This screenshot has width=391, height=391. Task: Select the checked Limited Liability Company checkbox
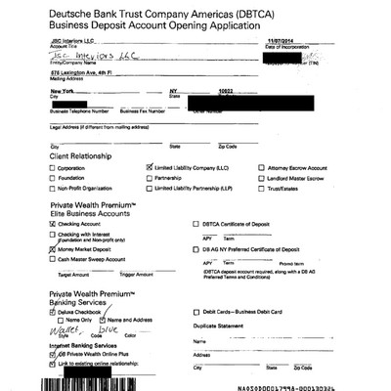tap(149, 168)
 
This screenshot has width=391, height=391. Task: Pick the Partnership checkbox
tap(149, 178)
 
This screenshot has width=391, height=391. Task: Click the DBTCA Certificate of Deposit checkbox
tap(196, 224)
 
